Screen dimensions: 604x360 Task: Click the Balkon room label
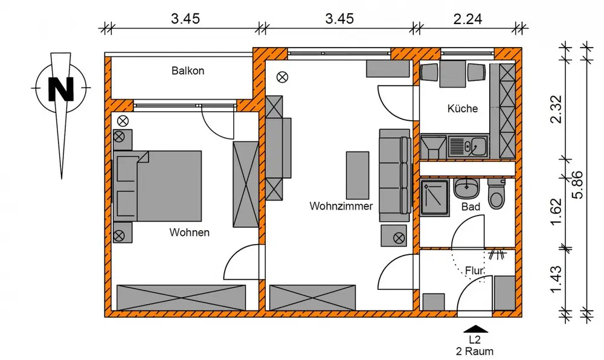tap(188, 71)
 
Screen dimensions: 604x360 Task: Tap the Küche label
tap(463, 108)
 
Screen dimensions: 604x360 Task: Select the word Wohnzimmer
tap(341, 206)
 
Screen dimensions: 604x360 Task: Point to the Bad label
tap(471, 207)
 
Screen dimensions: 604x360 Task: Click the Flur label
tap(474, 271)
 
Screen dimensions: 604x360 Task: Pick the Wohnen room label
tap(190, 232)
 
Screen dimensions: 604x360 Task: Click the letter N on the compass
tap(61, 89)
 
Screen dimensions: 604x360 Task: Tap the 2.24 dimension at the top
tap(467, 19)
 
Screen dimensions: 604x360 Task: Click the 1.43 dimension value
tap(556, 279)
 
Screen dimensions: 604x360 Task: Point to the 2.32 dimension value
tap(556, 109)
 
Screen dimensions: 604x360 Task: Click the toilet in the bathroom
tap(496, 194)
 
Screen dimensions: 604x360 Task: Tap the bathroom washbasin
tap(466, 187)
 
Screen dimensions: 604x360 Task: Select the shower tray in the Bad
tap(434, 198)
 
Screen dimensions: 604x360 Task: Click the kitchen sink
tap(468, 146)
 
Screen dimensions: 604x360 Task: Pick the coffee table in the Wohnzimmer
tap(358, 175)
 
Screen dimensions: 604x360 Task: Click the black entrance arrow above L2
tap(475, 329)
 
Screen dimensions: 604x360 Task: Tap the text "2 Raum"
tap(475, 351)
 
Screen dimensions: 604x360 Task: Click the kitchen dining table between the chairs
tap(453, 72)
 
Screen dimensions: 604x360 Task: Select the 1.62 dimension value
tap(556, 212)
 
